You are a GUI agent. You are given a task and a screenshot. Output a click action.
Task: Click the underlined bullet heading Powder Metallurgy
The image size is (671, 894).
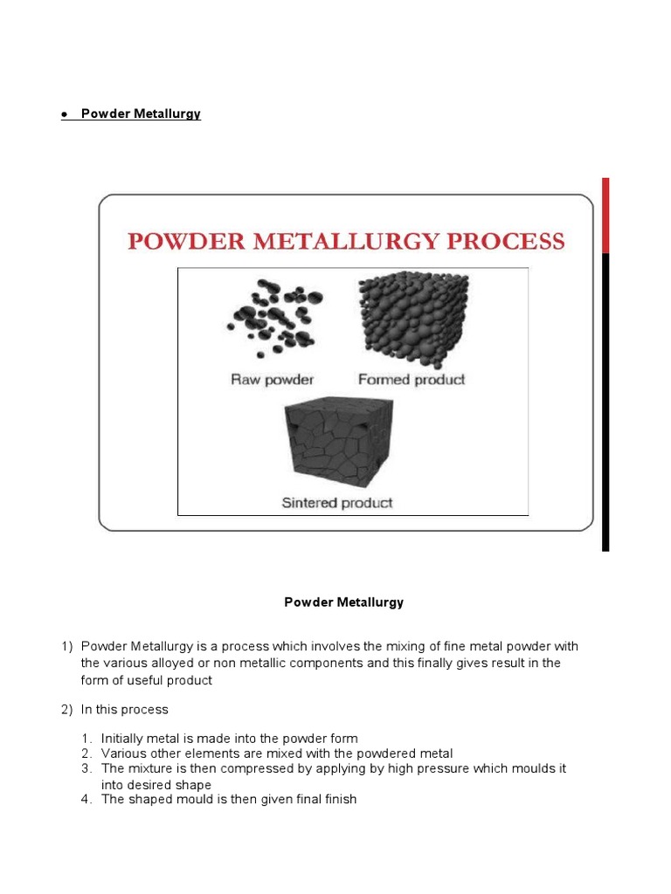141,114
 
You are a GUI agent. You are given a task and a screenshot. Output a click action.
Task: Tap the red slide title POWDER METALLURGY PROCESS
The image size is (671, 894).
346,241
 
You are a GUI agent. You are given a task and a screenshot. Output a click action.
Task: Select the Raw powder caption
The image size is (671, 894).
272,380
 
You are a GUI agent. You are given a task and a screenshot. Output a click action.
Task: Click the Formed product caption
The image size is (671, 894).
412,380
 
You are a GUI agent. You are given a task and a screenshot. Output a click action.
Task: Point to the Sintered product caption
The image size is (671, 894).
337,503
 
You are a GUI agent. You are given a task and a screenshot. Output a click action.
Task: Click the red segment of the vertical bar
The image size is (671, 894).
605,216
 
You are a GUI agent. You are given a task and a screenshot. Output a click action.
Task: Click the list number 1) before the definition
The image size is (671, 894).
67,646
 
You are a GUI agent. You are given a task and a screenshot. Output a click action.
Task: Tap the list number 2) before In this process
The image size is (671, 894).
67,710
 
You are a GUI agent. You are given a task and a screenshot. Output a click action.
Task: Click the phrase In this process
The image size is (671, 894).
124,710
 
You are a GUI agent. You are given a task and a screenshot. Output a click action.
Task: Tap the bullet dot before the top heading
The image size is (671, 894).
65,115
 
